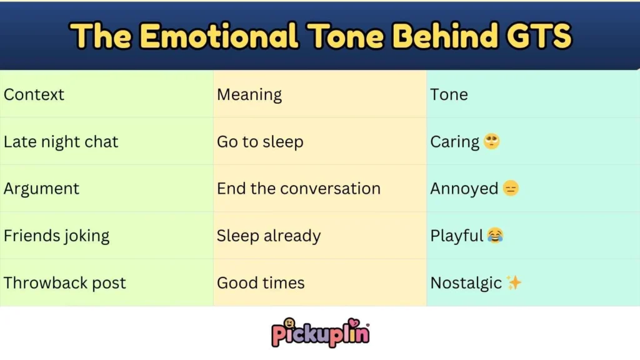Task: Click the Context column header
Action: pos(34,95)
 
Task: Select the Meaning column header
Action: pos(249,95)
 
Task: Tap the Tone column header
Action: pos(449,95)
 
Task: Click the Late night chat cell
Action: pos(61,142)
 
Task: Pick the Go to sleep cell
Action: pos(260,142)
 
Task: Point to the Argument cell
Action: pos(41,189)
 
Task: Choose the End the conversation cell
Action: pos(298,189)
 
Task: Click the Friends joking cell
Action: pos(56,236)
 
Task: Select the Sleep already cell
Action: pos(269,236)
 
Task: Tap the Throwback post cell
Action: pos(64,283)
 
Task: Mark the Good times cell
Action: pos(261,283)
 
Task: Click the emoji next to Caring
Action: pos(492,142)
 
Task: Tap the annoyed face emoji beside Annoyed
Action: pos(511,189)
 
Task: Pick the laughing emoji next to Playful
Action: pos(495,236)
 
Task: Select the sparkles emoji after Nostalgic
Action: pos(514,283)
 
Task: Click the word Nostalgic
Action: pos(466,283)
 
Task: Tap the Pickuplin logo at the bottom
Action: pos(320,332)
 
